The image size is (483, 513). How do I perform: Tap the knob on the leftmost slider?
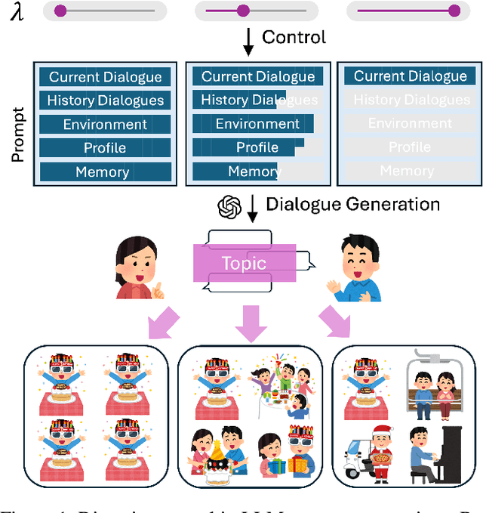pos(60,11)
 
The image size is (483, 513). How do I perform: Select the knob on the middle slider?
pos(243,11)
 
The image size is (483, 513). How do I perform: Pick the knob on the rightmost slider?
pos(454,11)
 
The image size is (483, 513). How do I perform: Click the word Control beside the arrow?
pos(294,38)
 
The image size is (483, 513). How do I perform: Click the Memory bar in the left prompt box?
pos(102,172)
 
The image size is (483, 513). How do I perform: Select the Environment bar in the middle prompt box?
pos(257,124)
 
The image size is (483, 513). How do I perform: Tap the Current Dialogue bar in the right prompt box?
pos(410,76)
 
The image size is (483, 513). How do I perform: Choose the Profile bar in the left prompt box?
pos(102,148)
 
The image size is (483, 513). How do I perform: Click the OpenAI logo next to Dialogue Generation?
pos(229,206)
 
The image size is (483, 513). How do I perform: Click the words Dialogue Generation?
pos(352,204)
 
